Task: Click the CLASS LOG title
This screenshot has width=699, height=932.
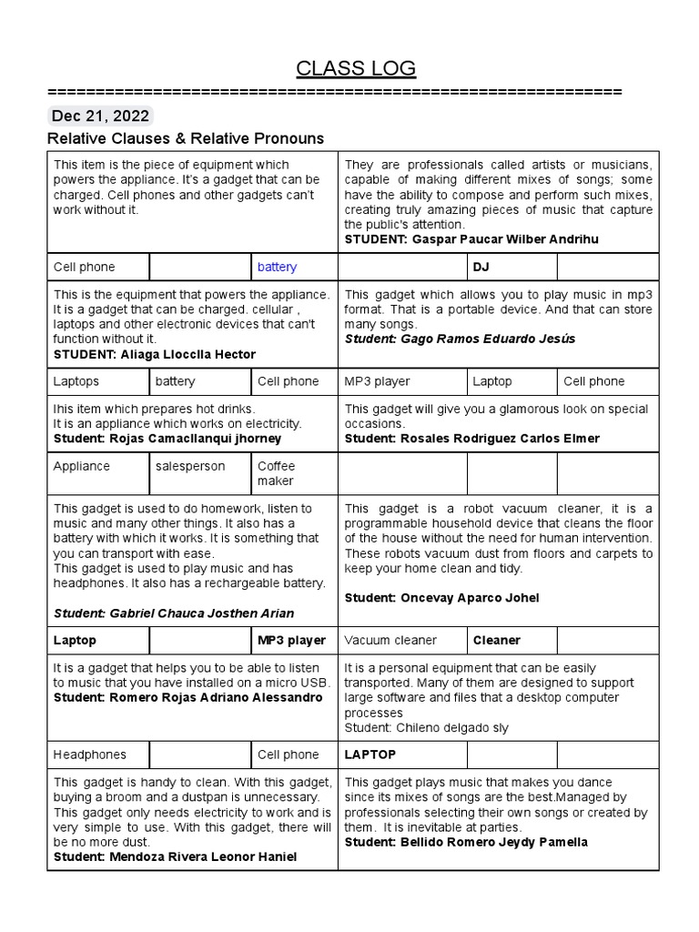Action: [356, 68]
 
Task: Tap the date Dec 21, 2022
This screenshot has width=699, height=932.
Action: [100, 116]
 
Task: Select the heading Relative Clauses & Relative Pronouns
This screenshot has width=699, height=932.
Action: [185, 138]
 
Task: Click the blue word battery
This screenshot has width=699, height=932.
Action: [277, 267]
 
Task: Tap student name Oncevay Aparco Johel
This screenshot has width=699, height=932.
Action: [470, 598]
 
